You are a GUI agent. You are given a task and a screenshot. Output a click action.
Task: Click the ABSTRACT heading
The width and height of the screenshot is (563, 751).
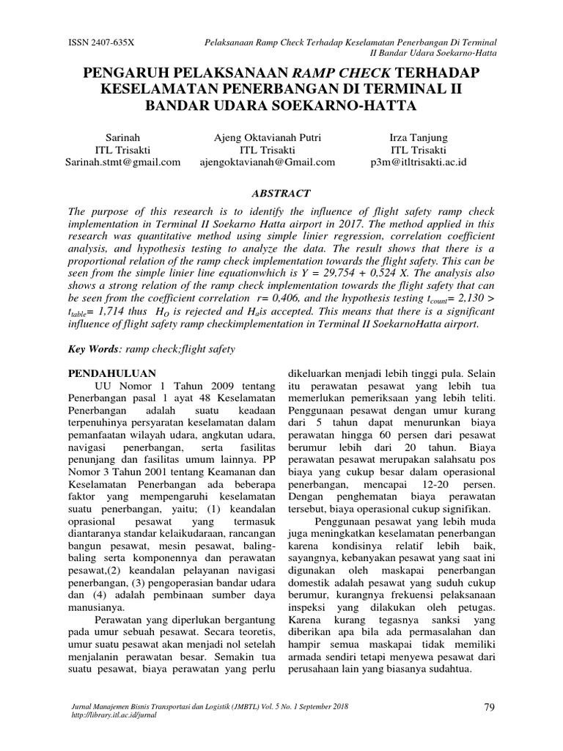[x=281, y=193]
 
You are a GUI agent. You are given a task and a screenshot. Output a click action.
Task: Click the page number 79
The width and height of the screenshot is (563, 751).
[x=491, y=706]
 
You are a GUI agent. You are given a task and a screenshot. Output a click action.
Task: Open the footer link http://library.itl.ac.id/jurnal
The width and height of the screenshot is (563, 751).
[x=111, y=714]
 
